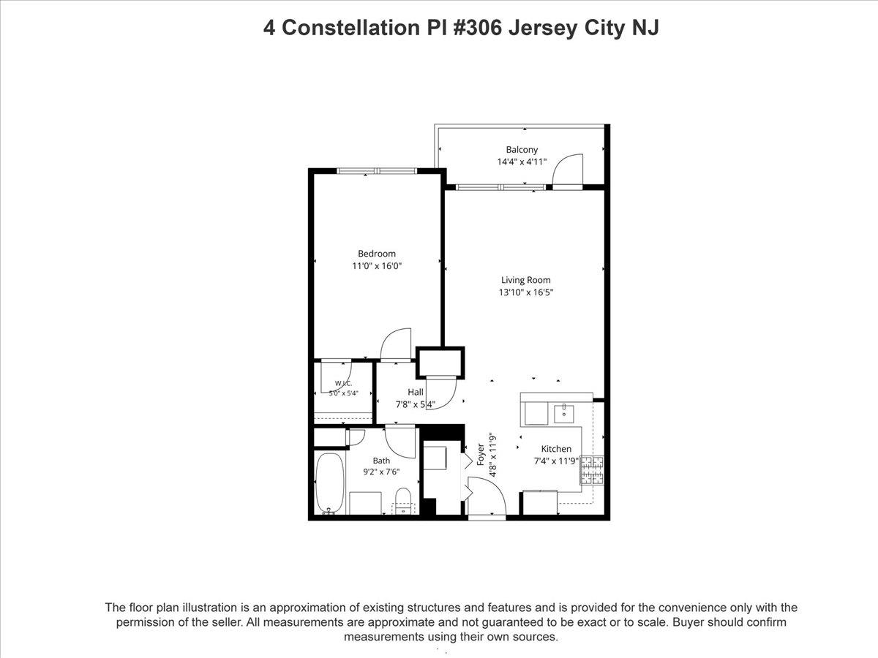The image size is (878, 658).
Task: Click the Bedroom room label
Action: coord(376,254)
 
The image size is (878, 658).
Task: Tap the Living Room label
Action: coord(525,280)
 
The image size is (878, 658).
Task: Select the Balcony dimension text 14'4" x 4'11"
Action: coord(522,162)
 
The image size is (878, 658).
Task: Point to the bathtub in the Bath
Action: coord(329,483)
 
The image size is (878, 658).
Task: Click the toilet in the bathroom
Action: coord(403,501)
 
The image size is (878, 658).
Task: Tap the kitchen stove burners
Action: coord(592,471)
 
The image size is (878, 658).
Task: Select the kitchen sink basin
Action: coord(564,415)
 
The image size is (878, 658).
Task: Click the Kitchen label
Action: coord(556,449)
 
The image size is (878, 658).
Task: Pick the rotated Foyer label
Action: coord(481,455)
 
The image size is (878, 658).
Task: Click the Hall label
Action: coord(416,392)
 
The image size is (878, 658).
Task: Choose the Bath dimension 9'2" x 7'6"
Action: coord(381,472)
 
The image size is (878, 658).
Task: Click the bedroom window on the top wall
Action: coord(377,171)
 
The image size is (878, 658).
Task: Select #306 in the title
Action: coord(477,28)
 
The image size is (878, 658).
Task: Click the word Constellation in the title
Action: coord(350,28)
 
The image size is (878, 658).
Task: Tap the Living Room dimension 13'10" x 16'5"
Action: coord(525,292)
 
